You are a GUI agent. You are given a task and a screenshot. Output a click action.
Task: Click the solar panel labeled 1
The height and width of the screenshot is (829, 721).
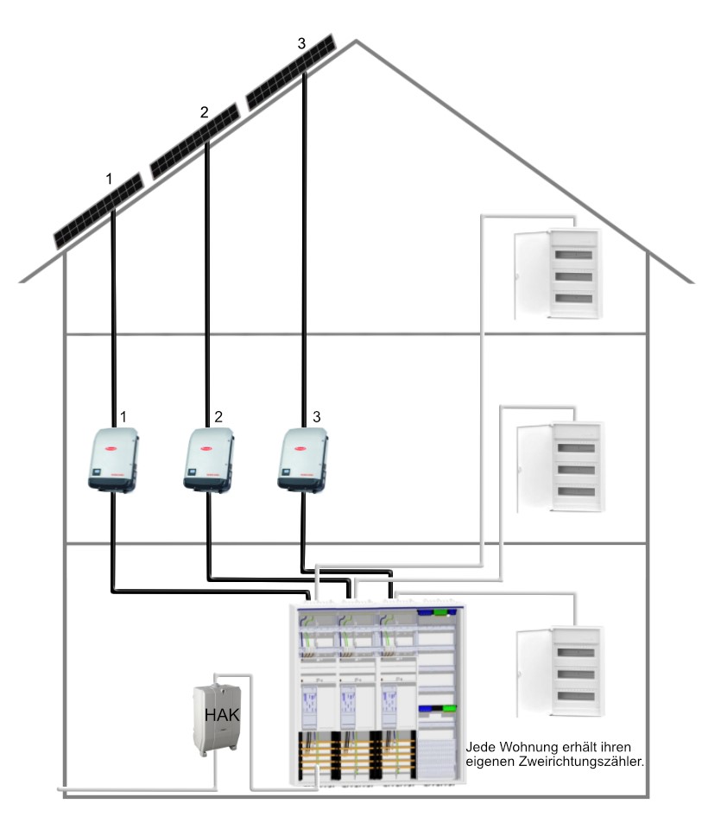pos(98,211)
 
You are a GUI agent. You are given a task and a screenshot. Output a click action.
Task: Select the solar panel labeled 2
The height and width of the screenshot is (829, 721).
pos(195,141)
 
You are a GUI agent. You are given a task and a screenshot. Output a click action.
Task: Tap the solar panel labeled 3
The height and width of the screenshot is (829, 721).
pos(292,72)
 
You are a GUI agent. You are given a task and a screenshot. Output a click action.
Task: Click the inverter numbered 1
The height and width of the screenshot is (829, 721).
pos(114,460)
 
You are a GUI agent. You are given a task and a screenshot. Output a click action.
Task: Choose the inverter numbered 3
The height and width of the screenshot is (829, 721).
pos(302,460)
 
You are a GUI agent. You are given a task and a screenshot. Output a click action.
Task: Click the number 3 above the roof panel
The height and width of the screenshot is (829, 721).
pos(300,44)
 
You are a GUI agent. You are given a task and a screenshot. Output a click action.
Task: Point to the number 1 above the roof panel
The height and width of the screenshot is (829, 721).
pos(109,179)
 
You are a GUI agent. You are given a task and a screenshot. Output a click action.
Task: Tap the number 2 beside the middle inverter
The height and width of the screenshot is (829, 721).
pos(219,416)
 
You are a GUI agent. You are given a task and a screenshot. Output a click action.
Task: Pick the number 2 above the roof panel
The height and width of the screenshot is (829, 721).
pos(205,112)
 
